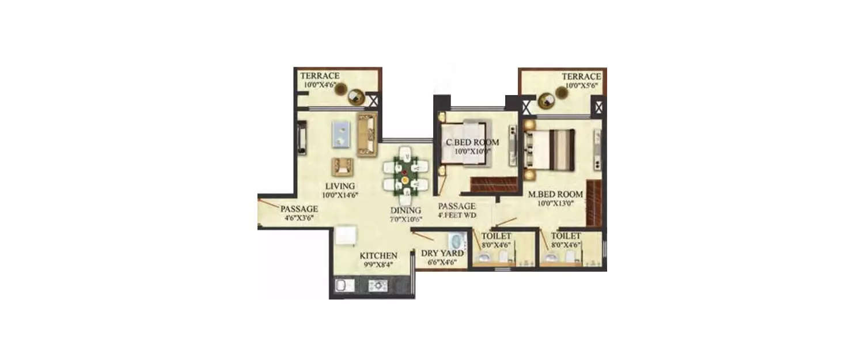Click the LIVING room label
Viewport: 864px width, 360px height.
339,186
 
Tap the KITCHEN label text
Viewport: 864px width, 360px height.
378,256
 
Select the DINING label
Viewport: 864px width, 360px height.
406,210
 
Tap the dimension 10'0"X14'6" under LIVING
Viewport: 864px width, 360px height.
339,195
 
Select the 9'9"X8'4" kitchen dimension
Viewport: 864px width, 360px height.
378,265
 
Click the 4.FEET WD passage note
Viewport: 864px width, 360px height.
457,215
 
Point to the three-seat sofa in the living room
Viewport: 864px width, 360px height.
366,135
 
